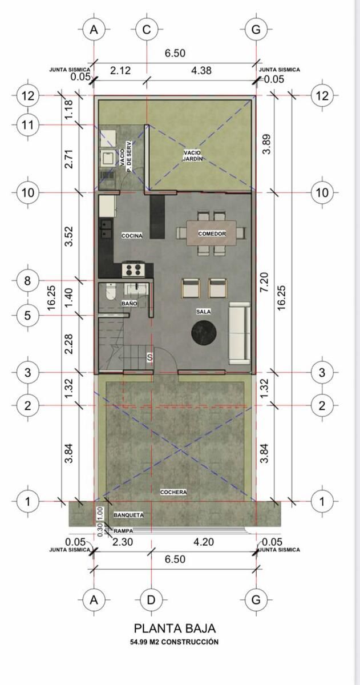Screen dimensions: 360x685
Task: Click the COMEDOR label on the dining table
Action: [x=212, y=233]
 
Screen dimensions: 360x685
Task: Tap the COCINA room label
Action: [x=132, y=236]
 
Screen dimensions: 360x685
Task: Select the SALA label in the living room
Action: [x=204, y=312]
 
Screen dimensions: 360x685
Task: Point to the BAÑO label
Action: [x=130, y=304]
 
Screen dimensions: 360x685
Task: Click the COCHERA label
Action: [x=173, y=492]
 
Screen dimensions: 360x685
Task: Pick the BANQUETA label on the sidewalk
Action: [x=129, y=515]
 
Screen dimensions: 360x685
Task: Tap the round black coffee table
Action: [x=204, y=332]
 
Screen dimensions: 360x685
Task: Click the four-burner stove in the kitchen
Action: [x=134, y=269]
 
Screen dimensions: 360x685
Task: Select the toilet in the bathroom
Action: [x=110, y=292]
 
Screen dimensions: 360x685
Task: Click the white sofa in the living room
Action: [x=240, y=333]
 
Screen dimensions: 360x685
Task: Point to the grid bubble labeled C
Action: [x=147, y=30]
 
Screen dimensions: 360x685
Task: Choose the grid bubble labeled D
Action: [x=151, y=599]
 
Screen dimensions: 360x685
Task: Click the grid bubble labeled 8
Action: [x=27, y=280]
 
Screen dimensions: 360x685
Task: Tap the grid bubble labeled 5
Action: [x=27, y=315]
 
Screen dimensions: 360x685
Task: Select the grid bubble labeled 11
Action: [x=27, y=125]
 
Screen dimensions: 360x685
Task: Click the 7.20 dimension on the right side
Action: [x=265, y=282]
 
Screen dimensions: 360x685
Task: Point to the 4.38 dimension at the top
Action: [x=201, y=71]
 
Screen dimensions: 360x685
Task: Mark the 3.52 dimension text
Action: [x=69, y=236]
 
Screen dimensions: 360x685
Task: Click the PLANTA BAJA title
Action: [x=175, y=628]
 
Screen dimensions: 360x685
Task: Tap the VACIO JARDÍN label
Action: [x=192, y=155]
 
